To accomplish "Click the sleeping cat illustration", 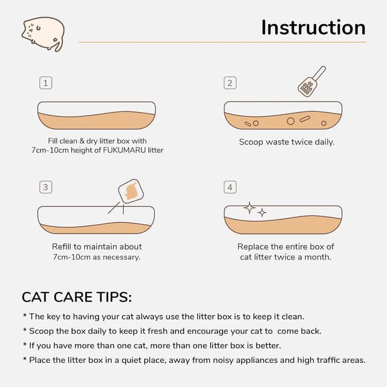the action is (43, 34).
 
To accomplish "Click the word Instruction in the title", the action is (313, 27).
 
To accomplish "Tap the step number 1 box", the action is (46, 83).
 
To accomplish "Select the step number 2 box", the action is (230, 83).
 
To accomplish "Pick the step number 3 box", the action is (46, 187).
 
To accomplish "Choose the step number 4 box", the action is (230, 187).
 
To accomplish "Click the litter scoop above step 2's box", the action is (311, 81).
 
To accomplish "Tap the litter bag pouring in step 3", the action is (131, 191).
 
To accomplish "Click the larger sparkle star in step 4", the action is (250, 208).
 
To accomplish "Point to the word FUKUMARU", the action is (125, 150).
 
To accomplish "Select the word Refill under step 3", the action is (62, 247).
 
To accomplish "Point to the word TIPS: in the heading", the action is (114, 297).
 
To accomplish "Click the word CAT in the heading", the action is (36, 297).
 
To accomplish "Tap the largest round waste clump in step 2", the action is (290, 121).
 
